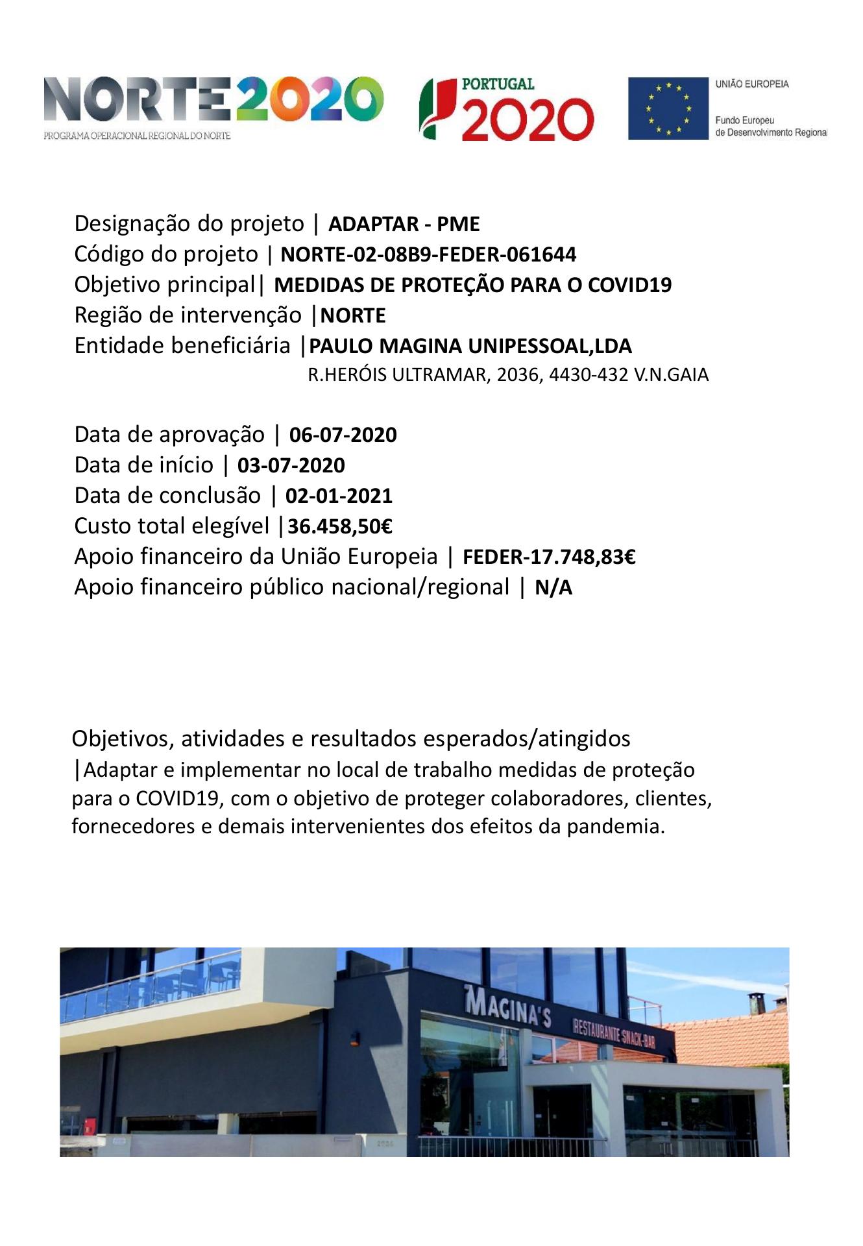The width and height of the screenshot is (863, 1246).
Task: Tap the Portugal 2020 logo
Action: pyautogui.click(x=507, y=110)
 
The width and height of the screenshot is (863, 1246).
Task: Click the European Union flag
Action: pyautogui.click(x=668, y=108)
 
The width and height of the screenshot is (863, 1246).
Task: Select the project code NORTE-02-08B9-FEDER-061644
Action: pyautogui.click(x=428, y=254)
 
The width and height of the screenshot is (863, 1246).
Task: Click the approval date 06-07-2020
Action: pyautogui.click(x=343, y=435)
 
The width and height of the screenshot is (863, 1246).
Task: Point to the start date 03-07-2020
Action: pyautogui.click(x=291, y=465)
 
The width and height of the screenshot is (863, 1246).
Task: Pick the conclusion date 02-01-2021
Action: pyautogui.click(x=339, y=496)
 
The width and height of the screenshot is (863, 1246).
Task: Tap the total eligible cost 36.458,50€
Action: pyautogui.click(x=339, y=526)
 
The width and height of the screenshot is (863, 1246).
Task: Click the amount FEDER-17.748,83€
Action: pyautogui.click(x=548, y=557)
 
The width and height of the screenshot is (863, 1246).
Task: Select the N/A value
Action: pyautogui.click(x=553, y=588)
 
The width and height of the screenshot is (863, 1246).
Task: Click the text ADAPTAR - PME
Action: pyautogui.click(x=404, y=225)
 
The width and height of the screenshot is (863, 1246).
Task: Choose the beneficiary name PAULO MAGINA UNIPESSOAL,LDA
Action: pyautogui.click(x=470, y=347)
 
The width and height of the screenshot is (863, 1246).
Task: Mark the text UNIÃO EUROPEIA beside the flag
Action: pyautogui.click(x=752, y=84)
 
